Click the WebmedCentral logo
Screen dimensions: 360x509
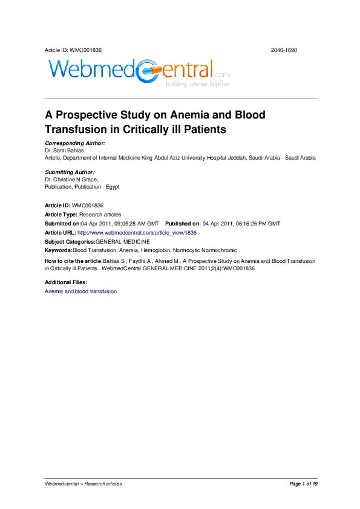point(138,72)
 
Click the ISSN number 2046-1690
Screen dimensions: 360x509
point(284,50)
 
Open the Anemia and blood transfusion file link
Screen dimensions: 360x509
point(80,291)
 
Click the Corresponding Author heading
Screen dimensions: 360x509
point(75,143)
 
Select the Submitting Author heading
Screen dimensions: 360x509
point(70,172)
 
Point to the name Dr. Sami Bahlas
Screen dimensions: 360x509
point(65,150)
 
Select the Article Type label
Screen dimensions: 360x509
point(61,215)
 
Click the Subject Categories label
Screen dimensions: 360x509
point(70,241)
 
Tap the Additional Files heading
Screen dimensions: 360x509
point(66,282)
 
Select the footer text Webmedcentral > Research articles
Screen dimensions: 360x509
point(83,484)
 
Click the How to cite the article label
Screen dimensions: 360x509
point(74,261)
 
